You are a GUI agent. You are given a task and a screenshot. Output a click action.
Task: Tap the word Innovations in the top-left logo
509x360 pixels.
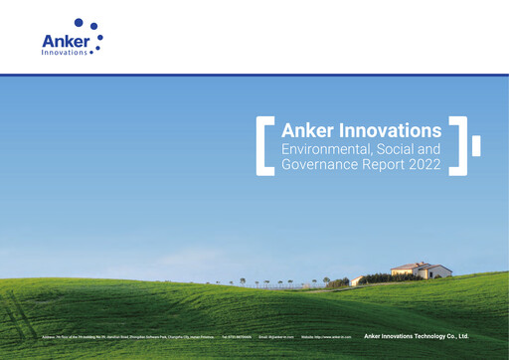tap(65, 53)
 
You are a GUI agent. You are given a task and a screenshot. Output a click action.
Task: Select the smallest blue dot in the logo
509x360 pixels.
tap(92, 53)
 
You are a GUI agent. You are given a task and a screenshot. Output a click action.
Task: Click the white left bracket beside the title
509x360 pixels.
tap(262, 145)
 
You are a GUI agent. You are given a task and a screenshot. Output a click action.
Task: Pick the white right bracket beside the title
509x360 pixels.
tap(460, 145)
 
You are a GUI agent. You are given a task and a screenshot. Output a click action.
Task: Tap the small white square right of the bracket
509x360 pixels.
tap(476, 146)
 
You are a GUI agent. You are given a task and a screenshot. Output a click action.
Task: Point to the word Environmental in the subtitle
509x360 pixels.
tap(327, 148)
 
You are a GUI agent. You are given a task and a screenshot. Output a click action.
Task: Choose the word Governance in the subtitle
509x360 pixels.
tap(322, 164)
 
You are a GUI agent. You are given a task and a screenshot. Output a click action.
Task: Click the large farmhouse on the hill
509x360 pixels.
tap(421, 270)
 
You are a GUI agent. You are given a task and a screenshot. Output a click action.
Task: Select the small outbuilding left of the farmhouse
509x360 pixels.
tap(357, 281)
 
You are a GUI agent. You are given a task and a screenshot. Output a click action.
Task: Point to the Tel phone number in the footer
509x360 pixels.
tap(237, 337)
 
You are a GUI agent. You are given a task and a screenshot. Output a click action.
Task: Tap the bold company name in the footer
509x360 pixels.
tap(416, 336)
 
